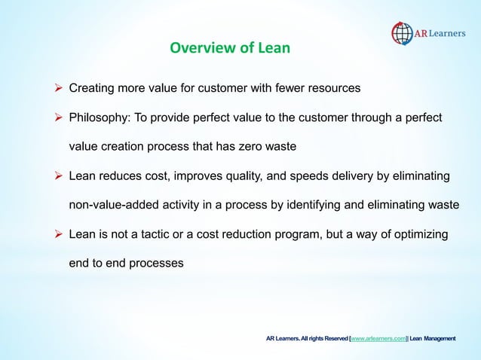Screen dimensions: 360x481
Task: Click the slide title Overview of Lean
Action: point(229,50)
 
